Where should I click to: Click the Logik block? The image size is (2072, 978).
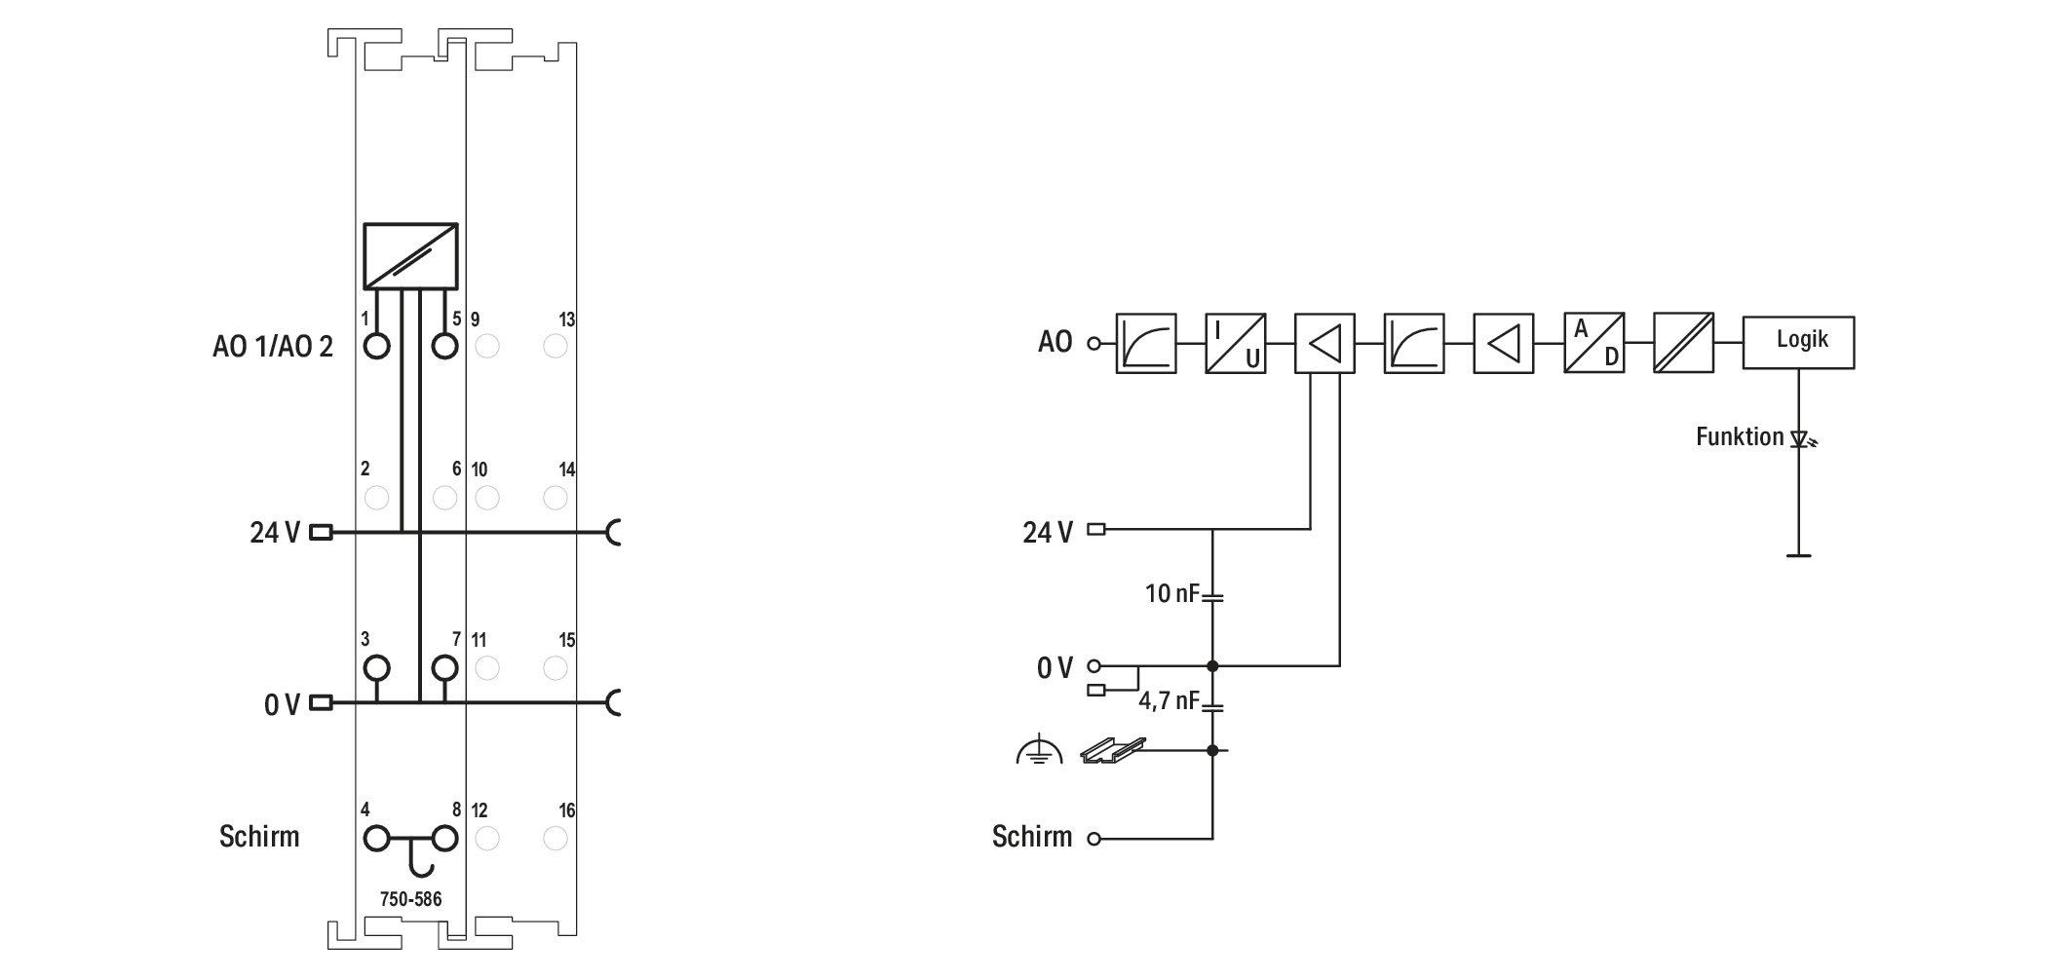(x=1798, y=342)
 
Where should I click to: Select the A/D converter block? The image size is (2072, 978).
(x=1594, y=342)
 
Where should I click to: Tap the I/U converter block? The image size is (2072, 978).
(x=1235, y=342)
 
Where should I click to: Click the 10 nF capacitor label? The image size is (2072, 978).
(x=1171, y=592)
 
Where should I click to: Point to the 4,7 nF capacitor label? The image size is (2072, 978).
(x=1169, y=700)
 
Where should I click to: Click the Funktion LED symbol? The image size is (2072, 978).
(x=1802, y=439)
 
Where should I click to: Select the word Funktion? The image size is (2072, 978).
(x=1740, y=436)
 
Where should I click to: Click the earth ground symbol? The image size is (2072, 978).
(x=1039, y=749)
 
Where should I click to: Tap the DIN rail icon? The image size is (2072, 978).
(x=1113, y=749)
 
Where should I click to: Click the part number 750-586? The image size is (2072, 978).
(x=410, y=899)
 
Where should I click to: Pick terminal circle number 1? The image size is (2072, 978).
(x=376, y=346)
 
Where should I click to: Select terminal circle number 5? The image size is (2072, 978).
(x=444, y=346)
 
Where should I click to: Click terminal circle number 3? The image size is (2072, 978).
(x=376, y=668)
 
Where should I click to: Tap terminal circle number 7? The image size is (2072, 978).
(x=444, y=668)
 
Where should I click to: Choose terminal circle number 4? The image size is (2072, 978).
(x=376, y=838)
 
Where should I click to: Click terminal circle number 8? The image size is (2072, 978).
(x=444, y=838)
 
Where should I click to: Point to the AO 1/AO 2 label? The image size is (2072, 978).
(x=273, y=346)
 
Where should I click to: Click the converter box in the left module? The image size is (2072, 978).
(x=410, y=256)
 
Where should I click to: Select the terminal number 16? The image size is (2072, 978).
(x=567, y=810)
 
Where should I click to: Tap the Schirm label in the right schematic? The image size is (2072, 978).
(x=1032, y=837)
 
